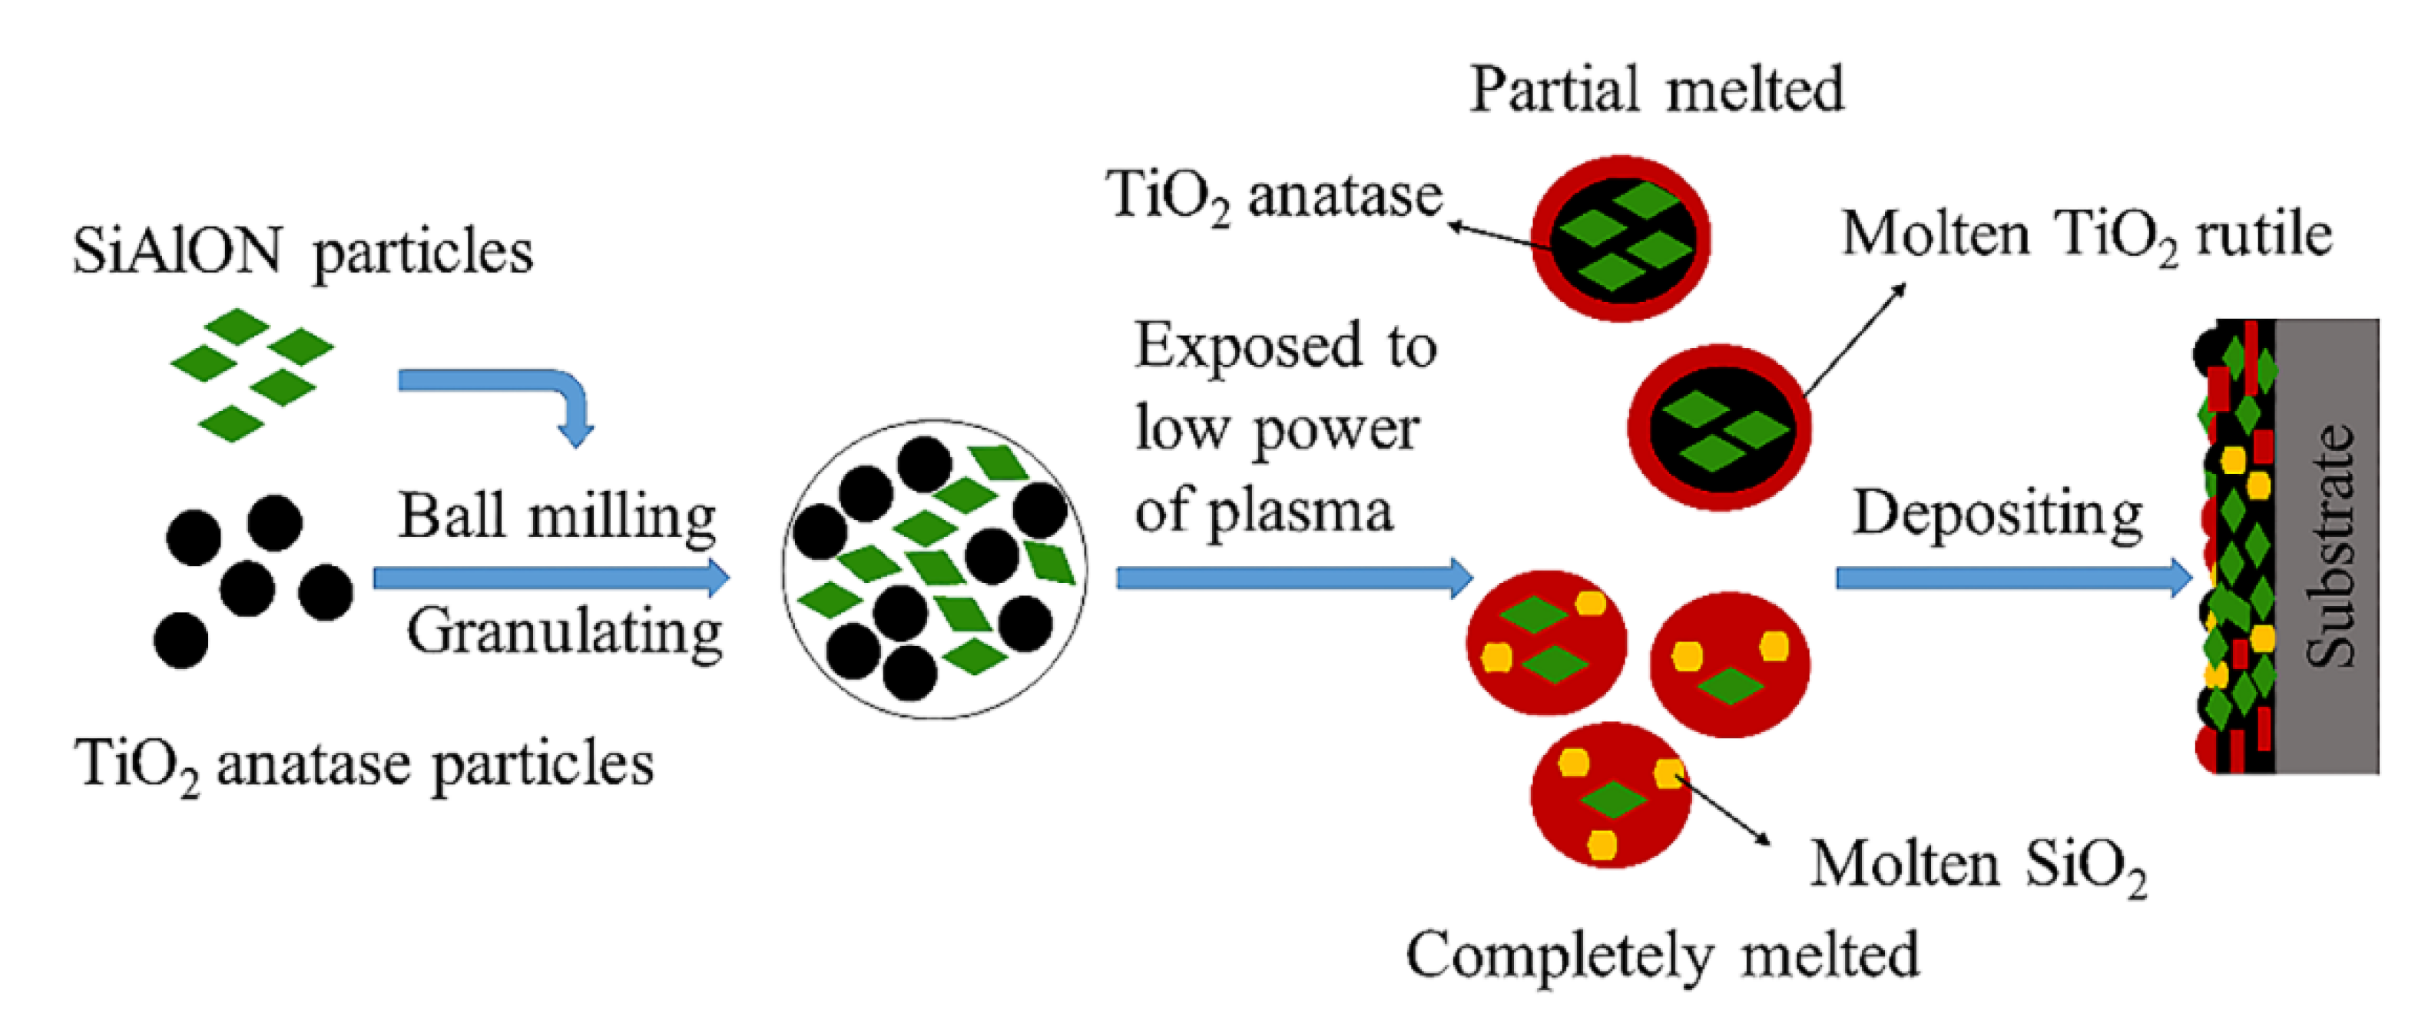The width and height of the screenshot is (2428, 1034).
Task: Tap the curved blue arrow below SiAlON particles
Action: pyautogui.click(x=509, y=386)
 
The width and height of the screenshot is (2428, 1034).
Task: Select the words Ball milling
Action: pyautogui.click(x=556, y=516)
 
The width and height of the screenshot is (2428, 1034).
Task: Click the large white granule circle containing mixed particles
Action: pyautogui.click(x=934, y=568)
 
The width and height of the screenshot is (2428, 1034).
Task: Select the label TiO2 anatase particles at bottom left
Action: pyautogui.click(x=363, y=764)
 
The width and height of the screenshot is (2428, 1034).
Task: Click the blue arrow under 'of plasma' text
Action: pyautogui.click(x=1292, y=577)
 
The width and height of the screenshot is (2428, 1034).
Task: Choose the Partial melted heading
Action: pyautogui.click(x=1656, y=90)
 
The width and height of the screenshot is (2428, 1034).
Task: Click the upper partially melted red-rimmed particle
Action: pyautogui.click(x=1620, y=238)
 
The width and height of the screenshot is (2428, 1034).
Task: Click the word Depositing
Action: pyautogui.click(x=1997, y=515)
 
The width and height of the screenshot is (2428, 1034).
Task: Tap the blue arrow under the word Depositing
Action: pyautogui.click(x=2012, y=577)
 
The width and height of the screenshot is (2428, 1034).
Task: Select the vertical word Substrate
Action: pyautogui.click(x=2329, y=547)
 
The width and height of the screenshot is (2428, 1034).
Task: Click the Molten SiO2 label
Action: pyautogui.click(x=1977, y=864)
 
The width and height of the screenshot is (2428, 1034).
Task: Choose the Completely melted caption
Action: pyautogui.click(x=1661, y=956)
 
